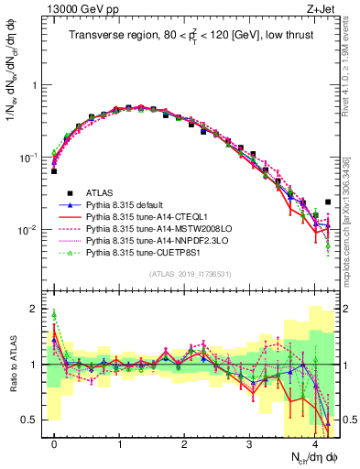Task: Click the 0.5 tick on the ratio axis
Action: click(33, 420)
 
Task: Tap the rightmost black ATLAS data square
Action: click(328, 202)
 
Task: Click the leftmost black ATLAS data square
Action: click(55, 171)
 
